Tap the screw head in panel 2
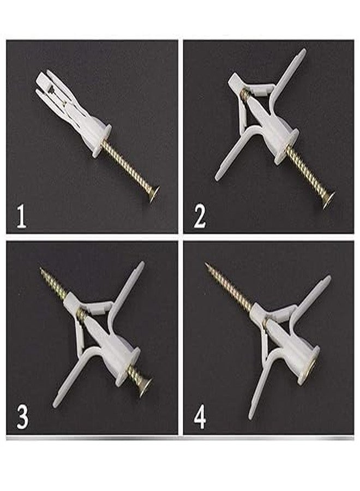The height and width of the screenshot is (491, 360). (327, 199)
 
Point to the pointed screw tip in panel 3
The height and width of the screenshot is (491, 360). (42, 270)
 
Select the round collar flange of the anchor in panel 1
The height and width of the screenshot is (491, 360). (103, 141)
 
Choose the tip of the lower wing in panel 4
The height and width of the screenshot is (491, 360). (251, 416)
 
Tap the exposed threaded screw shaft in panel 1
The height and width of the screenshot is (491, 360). (129, 167)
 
